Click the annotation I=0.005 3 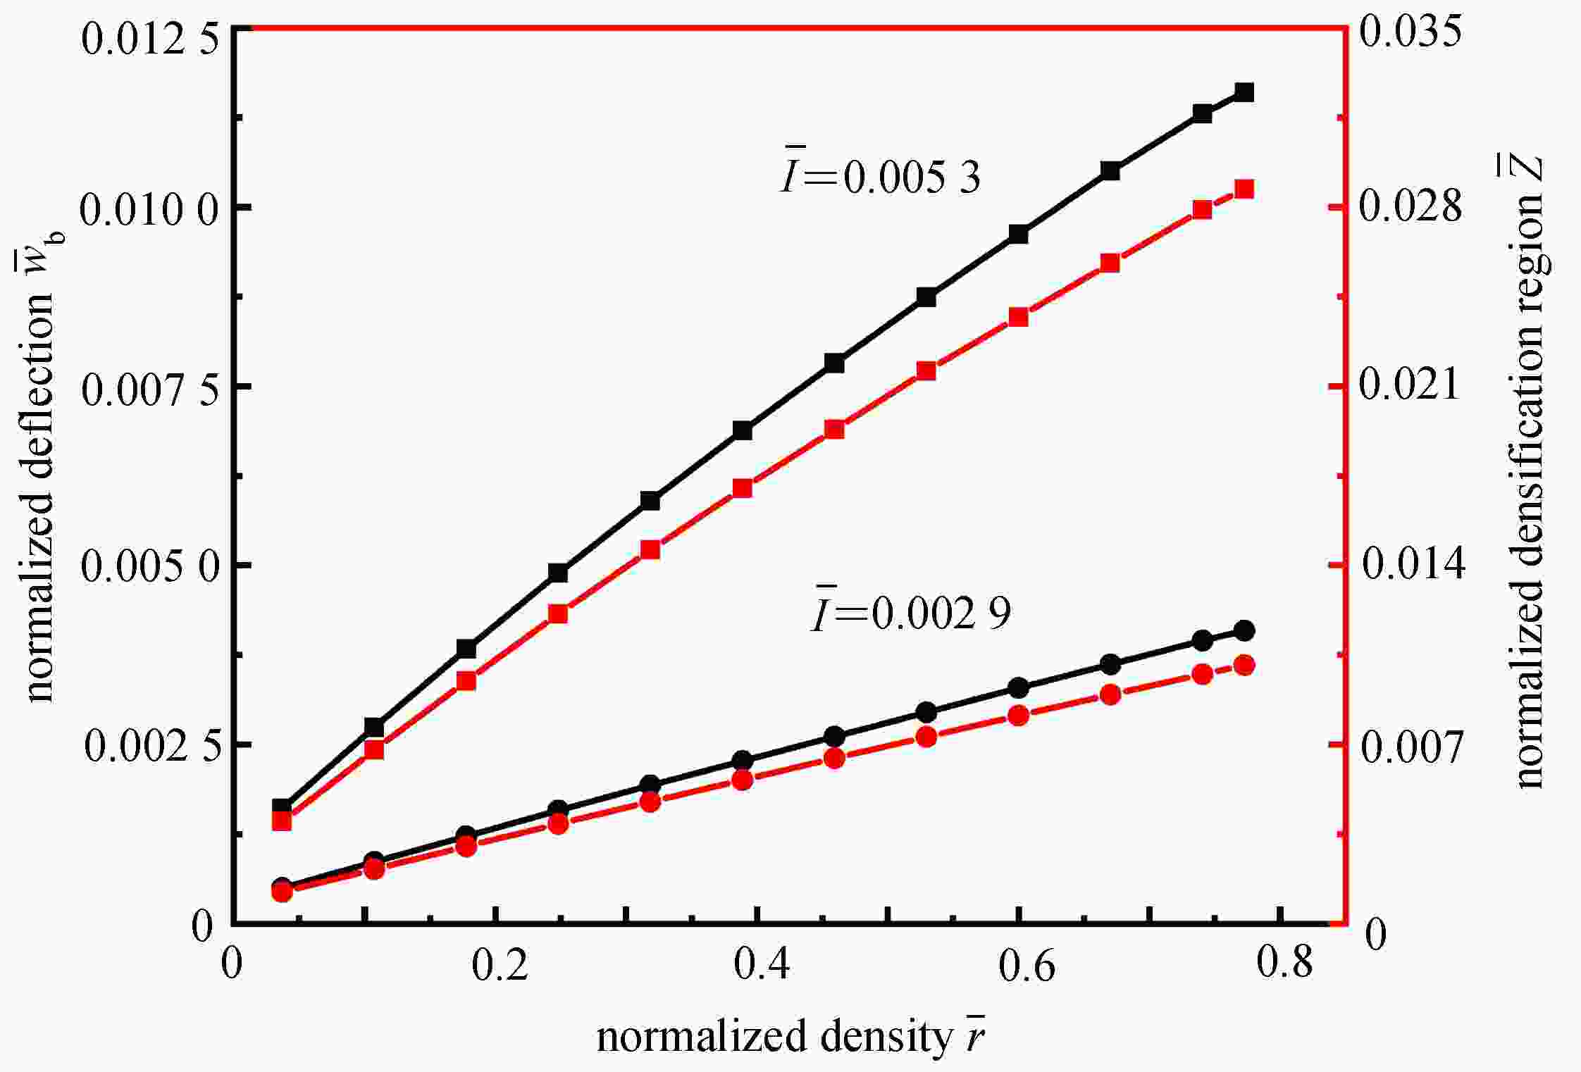point(881,176)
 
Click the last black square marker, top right point(1244,92)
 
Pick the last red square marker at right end point(1244,189)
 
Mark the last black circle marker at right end point(1244,630)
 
